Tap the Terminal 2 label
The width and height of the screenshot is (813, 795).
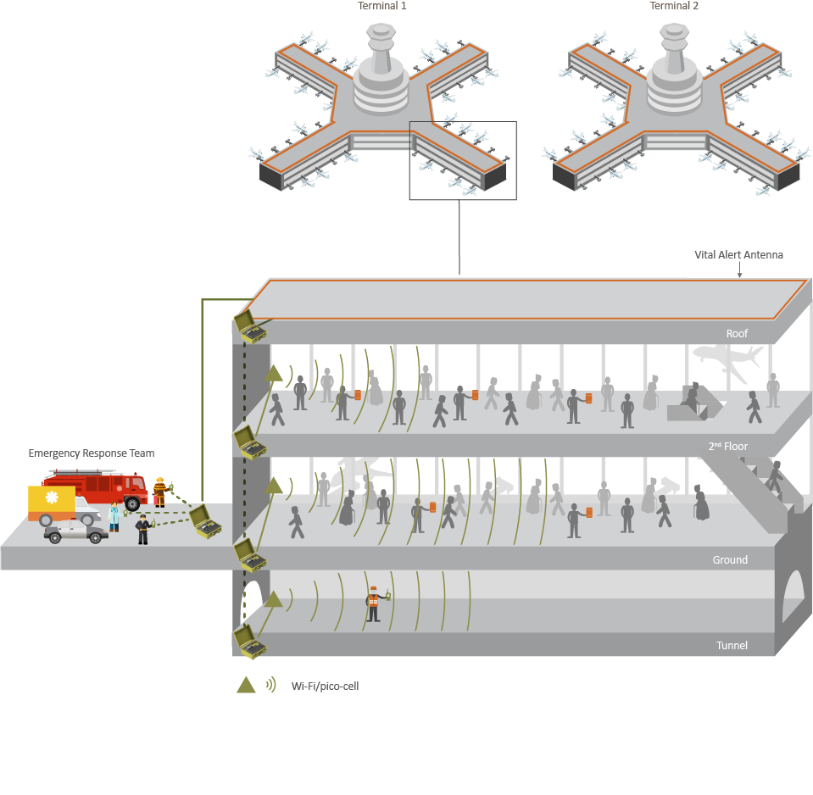674,6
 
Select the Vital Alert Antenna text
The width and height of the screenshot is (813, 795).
738,254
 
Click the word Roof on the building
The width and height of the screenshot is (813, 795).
737,333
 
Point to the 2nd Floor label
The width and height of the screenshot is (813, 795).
727,446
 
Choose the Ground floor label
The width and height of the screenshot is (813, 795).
730,559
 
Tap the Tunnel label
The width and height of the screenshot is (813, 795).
732,645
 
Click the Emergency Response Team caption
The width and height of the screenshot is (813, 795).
92,453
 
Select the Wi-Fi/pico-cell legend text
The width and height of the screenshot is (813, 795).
325,686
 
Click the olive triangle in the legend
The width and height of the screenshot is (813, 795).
246,685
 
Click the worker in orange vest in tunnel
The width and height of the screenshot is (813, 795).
373,603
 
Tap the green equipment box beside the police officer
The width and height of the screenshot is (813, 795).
203,522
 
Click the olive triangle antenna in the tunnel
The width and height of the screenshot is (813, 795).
273,600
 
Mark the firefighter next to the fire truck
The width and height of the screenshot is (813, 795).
159,491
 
